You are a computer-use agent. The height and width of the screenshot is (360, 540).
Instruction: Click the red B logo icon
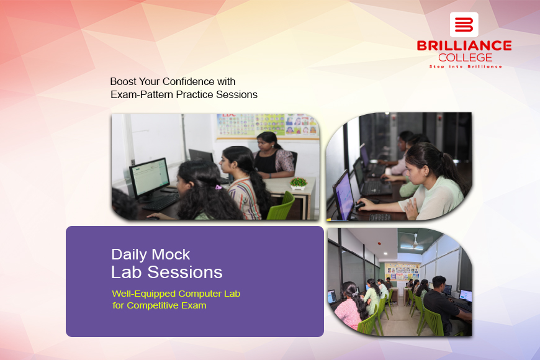464,25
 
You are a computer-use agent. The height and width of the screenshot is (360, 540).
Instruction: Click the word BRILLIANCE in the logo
464,46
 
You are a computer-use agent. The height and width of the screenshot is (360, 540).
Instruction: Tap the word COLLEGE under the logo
465,58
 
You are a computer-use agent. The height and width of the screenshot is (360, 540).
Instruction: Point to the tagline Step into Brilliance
466,66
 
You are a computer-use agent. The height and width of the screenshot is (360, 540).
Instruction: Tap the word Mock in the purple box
171,254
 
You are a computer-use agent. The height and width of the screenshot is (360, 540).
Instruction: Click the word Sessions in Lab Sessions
185,272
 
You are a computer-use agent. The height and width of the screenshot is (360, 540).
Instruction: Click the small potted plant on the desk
298,183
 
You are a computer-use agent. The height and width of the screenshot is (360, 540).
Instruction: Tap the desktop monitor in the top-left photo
150,179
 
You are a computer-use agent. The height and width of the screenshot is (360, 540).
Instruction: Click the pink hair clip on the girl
218,187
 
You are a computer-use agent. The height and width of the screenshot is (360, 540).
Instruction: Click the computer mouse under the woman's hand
360,205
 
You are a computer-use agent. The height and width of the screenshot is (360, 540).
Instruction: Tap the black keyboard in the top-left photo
160,202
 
